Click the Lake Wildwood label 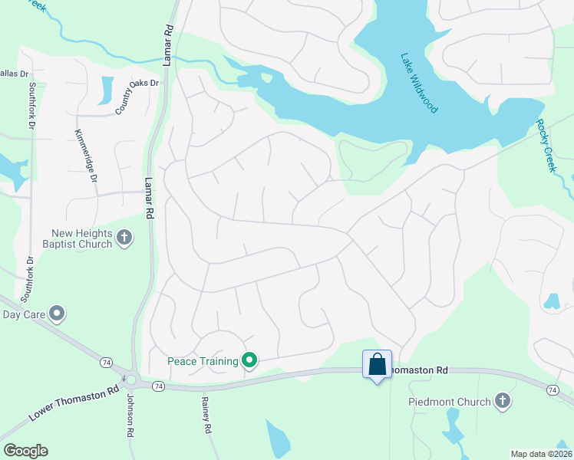(420, 83)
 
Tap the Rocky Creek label (545, 146)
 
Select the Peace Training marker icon (249, 359)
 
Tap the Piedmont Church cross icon (503, 401)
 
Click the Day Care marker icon (56, 313)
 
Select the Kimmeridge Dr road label (86, 156)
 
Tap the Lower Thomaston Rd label (74, 401)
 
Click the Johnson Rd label (128, 416)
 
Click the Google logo (25, 451)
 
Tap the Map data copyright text (540, 454)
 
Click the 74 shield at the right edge (553, 390)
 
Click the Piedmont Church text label (450, 402)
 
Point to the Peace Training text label (203, 360)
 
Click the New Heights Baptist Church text (82, 238)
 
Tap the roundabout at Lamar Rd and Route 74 (131, 379)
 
